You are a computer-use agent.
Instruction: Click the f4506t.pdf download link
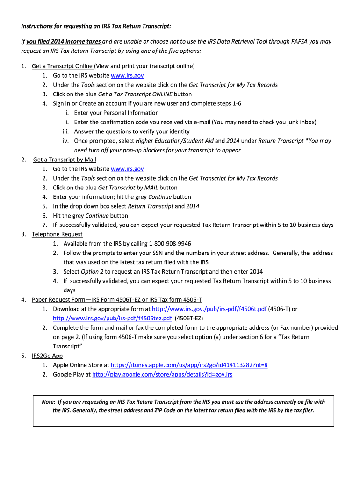tap(209, 309)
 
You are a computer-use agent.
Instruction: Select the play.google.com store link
tap(162, 375)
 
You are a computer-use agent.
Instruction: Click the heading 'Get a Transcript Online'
tap(62, 66)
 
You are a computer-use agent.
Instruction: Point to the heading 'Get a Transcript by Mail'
tap(65, 160)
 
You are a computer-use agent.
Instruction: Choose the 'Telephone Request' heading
tap(57, 234)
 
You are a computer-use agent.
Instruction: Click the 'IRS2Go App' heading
tap(47, 356)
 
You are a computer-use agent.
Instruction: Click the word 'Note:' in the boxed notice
tap(48, 402)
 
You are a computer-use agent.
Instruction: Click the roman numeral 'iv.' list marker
tap(66, 141)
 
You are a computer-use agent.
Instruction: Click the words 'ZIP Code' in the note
tap(163, 411)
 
